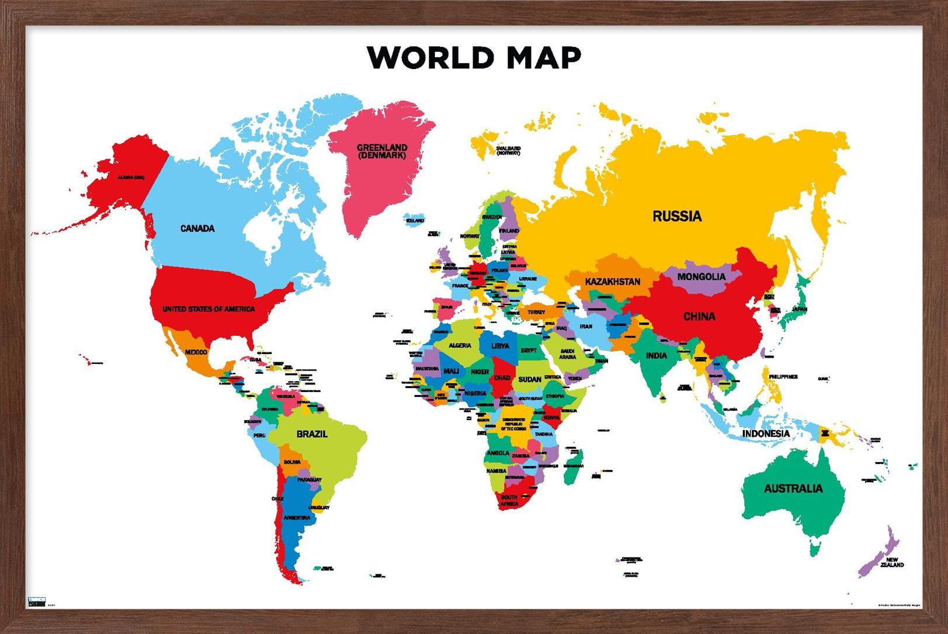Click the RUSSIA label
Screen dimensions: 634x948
(676, 216)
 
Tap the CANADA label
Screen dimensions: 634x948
(197, 228)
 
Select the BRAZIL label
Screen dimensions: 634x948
(312, 434)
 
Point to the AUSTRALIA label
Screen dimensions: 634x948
(793, 489)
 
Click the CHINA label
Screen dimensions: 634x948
(699, 317)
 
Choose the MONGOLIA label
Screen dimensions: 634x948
(701, 276)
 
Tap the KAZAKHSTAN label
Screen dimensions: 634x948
(612, 282)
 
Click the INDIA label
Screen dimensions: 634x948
(656, 355)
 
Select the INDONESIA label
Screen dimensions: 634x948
(766, 434)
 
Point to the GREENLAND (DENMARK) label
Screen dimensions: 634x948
(382, 151)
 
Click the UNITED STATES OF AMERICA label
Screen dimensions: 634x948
(209, 309)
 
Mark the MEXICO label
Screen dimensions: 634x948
(196, 352)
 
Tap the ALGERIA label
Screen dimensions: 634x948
(460, 345)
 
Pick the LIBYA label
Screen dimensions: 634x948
(499, 346)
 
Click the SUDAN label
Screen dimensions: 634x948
(529, 379)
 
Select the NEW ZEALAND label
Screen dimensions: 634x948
(891, 562)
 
